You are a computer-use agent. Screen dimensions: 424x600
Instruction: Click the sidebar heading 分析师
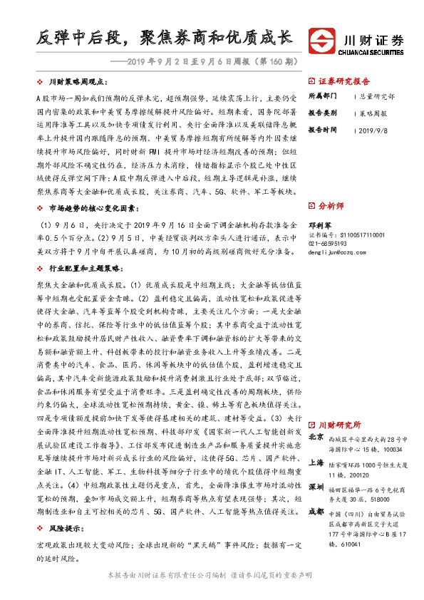[x=330, y=205]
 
